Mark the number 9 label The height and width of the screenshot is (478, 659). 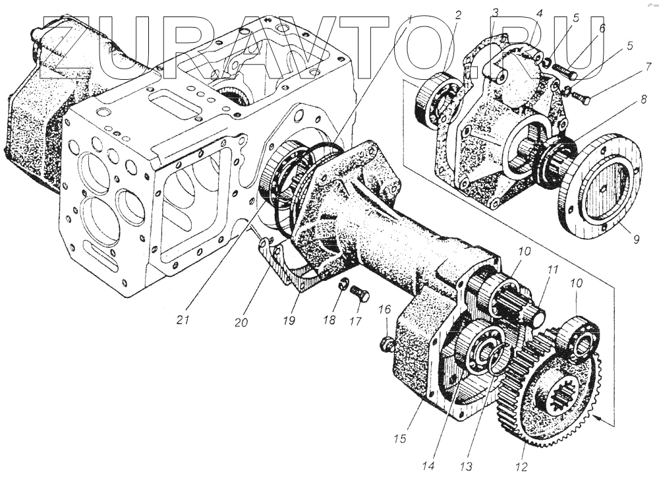point(636,239)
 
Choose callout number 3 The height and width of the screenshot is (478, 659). point(496,12)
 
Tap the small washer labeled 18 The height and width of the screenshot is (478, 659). point(344,285)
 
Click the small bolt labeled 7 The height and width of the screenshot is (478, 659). point(583,98)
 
